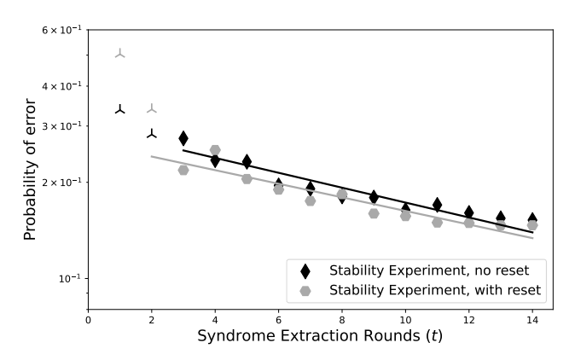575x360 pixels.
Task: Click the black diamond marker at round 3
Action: tap(183, 138)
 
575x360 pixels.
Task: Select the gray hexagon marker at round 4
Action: tap(215, 150)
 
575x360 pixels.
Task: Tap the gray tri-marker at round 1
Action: tap(120, 54)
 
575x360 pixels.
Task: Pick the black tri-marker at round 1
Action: tap(120, 109)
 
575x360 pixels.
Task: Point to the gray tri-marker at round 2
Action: tap(152, 108)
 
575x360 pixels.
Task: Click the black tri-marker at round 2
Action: tap(152, 134)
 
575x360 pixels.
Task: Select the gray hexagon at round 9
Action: tap(374, 213)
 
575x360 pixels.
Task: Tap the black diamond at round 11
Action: tap(437, 204)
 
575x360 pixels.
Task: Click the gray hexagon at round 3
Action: tap(183, 170)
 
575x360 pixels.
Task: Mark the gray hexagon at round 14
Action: tap(532, 225)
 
